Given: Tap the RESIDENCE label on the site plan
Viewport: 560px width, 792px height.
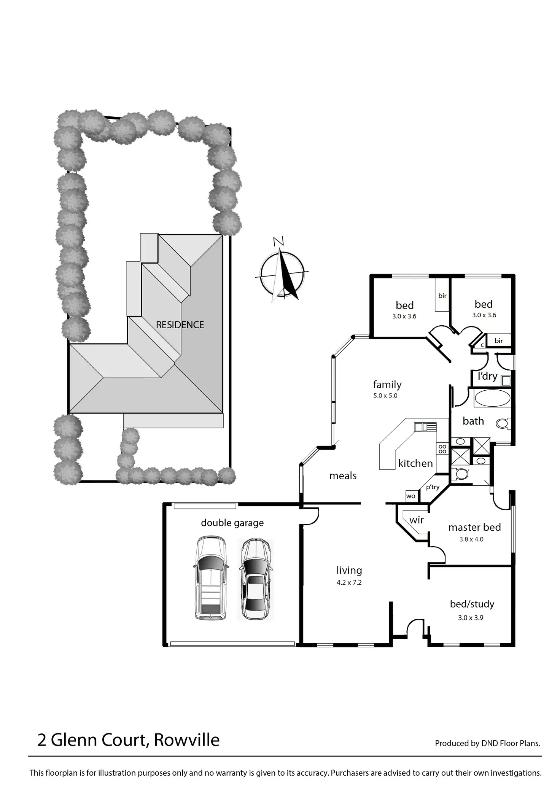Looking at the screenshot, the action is [x=180, y=325].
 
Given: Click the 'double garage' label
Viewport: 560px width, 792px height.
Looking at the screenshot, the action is [x=232, y=523].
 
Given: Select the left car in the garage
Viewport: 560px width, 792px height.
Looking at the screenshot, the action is [x=211, y=578].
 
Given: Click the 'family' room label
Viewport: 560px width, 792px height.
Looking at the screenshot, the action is [x=387, y=385].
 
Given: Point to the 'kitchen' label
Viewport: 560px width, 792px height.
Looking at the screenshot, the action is [x=415, y=463].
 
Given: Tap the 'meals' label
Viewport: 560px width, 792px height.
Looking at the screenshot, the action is [x=343, y=476].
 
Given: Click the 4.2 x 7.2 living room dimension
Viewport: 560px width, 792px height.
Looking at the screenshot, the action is [x=349, y=582].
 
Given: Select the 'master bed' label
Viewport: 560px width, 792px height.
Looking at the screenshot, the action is [x=474, y=528].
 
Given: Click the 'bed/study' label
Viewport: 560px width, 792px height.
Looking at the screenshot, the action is [x=472, y=604].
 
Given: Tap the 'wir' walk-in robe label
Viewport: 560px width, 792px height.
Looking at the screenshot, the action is [x=417, y=520].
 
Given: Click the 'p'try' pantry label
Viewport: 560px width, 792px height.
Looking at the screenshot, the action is [x=433, y=487].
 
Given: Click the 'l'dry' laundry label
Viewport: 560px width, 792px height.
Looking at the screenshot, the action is [x=487, y=376].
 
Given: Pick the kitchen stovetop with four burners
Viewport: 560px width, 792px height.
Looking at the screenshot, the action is [x=442, y=449].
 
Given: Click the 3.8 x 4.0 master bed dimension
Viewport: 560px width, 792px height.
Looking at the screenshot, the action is [x=471, y=539].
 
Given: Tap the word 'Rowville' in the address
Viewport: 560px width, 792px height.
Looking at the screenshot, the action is [x=187, y=740].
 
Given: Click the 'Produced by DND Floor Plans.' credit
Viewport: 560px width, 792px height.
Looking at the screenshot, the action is [x=487, y=743].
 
